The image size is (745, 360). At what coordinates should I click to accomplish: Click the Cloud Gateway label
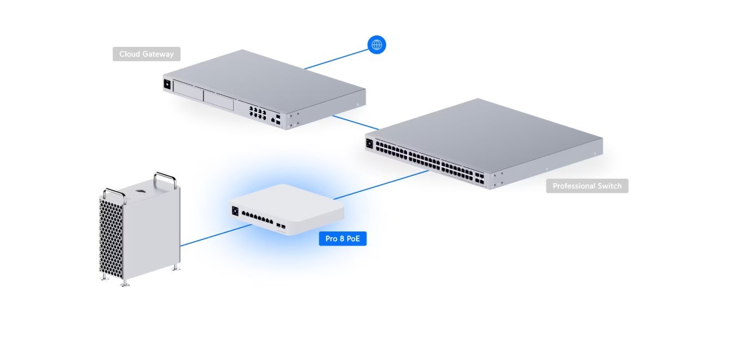pos(146,54)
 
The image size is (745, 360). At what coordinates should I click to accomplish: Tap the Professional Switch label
pos(587,186)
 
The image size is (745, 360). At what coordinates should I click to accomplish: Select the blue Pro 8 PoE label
pos(342,239)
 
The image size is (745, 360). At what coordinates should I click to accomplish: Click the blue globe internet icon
pos(376,45)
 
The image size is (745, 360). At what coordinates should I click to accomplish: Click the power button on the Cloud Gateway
pos(167,84)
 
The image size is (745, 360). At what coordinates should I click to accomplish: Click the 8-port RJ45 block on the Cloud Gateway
pos(257,113)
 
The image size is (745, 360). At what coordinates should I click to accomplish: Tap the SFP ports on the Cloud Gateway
pos(278,120)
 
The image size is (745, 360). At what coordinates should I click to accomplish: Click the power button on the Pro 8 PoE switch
pos(235,210)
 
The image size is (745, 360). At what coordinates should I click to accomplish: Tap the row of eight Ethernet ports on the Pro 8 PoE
pos(257,218)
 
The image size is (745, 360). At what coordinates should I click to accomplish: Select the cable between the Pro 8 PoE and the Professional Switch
pos(381,184)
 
